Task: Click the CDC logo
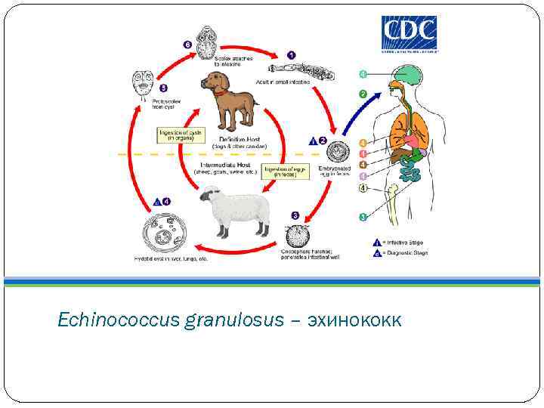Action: tap(409, 35)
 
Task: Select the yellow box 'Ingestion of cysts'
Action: tap(180, 134)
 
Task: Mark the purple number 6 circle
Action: tap(187, 45)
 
